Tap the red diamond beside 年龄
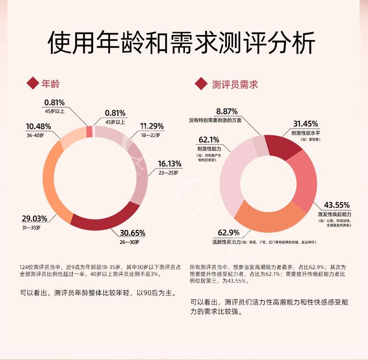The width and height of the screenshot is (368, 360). pyautogui.click(x=33, y=84)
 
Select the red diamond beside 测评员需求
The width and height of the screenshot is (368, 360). pyautogui.click(x=201, y=84)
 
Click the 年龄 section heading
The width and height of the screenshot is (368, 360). pyautogui.click(x=51, y=84)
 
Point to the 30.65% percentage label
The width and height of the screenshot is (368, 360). pyautogui.click(x=133, y=233)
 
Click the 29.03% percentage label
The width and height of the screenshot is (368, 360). pyautogui.click(x=34, y=219)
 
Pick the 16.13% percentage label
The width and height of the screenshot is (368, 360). pyautogui.click(x=170, y=164)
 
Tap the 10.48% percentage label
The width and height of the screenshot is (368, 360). pyautogui.click(x=38, y=126)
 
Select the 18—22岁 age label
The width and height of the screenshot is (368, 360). pyautogui.click(x=150, y=135)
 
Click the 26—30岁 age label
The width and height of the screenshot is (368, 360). pyautogui.click(x=129, y=242)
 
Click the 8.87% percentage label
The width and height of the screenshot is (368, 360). pyautogui.click(x=227, y=111)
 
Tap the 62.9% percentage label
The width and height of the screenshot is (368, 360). pyautogui.click(x=229, y=233)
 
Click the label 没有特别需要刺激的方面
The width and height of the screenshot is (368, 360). pyautogui.click(x=215, y=120)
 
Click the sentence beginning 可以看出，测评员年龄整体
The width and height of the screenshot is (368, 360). pyautogui.click(x=97, y=294)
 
